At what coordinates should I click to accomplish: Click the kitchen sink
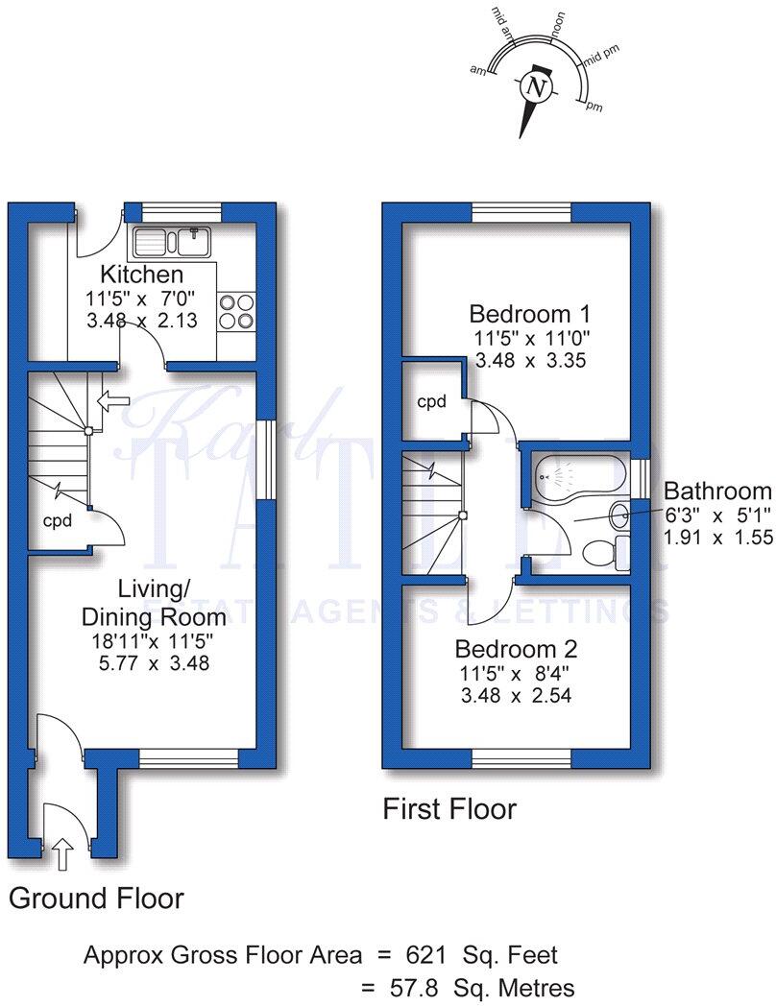coord(173,241)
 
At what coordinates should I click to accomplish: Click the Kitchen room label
coord(142,275)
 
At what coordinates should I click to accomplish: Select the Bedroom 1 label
coord(529,314)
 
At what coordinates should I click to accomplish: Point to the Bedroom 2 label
coord(516,648)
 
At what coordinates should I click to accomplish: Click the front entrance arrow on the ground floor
coord(62,850)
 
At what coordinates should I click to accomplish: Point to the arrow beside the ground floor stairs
coord(113,398)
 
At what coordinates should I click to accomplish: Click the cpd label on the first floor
coord(431,402)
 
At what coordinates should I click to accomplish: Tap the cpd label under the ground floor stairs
coord(58,519)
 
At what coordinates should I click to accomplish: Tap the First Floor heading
coord(449,809)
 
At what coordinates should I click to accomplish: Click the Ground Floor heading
coord(96,898)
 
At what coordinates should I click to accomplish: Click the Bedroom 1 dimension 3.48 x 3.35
coord(530,361)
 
